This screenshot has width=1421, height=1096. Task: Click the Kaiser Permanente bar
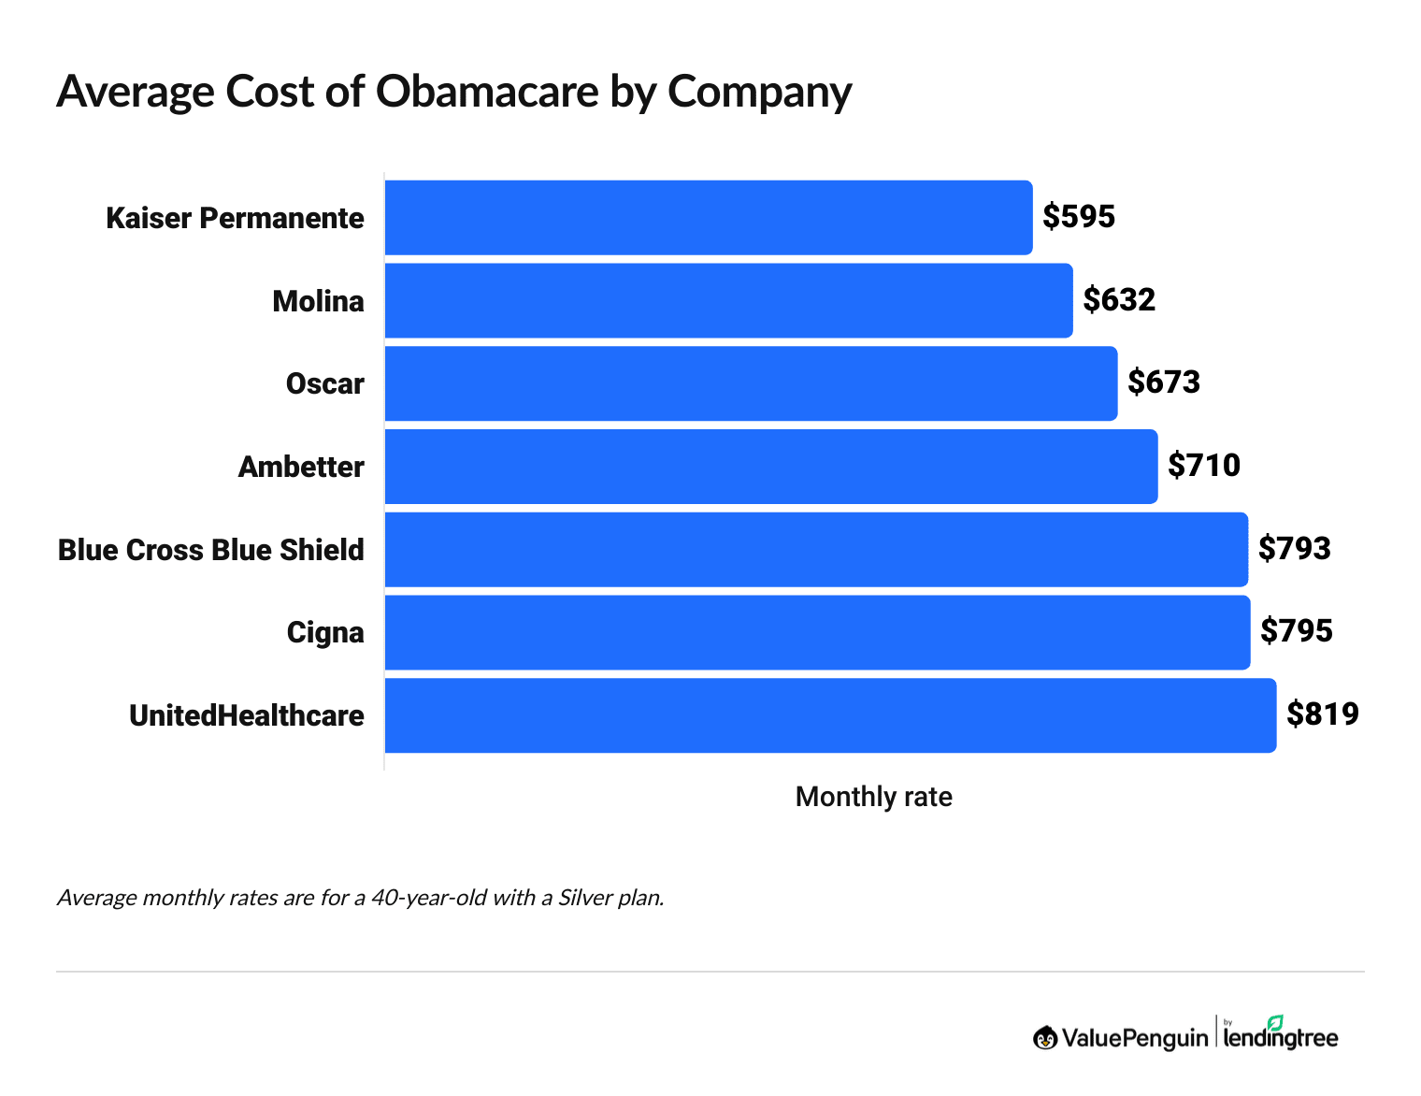click(x=708, y=217)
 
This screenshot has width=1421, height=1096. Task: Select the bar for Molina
click(x=728, y=300)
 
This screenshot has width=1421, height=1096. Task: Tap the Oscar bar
click(x=751, y=383)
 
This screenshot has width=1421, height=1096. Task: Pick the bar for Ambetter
click(x=770, y=466)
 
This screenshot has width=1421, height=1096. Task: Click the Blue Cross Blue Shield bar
click(x=815, y=549)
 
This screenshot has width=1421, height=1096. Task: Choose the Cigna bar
click(x=817, y=632)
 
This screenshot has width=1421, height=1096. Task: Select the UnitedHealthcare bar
click(x=830, y=715)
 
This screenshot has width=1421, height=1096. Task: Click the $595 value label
click(x=1079, y=217)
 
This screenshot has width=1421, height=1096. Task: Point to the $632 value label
click(x=1119, y=299)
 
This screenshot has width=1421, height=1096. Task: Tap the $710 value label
click(x=1204, y=465)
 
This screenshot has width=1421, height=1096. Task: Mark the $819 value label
click(x=1322, y=714)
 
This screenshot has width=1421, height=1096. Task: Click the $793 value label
click(x=1294, y=548)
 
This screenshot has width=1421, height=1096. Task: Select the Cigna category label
click(x=324, y=633)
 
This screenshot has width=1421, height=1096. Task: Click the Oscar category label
click(x=324, y=384)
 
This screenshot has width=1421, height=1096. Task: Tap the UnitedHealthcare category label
click(x=247, y=716)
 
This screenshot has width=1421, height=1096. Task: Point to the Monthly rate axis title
click(x=873, y=797)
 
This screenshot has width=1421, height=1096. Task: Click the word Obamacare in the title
click(x=487, y=92)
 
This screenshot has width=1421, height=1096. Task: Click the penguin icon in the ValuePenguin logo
click(x=1044, y=1038)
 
